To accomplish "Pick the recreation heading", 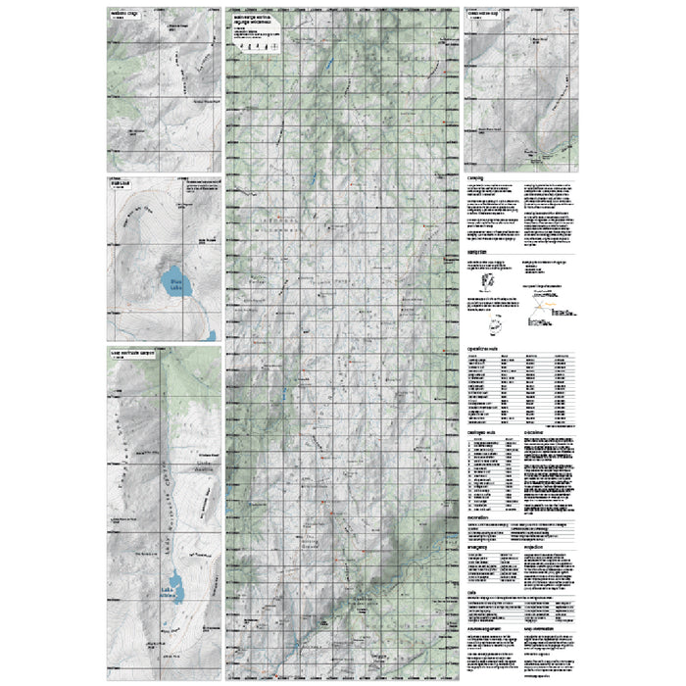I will point(480,514).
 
